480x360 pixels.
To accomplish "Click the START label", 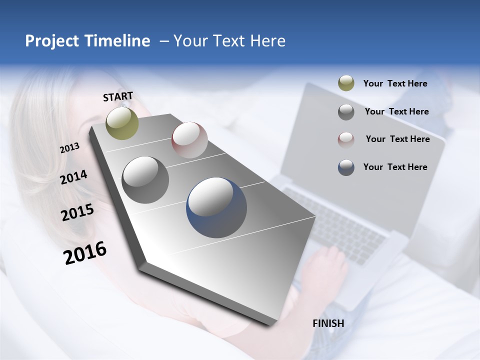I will coord(118,96).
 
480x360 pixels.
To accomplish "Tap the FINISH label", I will coord(328,323).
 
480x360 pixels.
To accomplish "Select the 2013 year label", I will coord(69,148).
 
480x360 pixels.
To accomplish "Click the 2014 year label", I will coord(73,177).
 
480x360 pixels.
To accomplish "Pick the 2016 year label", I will coord(85,252).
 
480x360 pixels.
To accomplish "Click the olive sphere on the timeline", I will coord(122,123).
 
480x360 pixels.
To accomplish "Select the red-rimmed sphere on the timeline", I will coord(189,140).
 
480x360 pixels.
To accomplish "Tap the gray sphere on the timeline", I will coord(145,180).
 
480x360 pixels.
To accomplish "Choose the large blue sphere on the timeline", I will coord(216,207).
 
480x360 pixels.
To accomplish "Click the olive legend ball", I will coord(346,83).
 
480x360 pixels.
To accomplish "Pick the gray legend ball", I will coord(346,111).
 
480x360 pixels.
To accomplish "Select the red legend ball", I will coord(346,139).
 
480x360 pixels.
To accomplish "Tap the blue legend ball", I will coord(346,167).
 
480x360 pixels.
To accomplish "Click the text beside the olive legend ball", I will coord(395,83).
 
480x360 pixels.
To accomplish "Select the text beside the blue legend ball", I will coord(395,167).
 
